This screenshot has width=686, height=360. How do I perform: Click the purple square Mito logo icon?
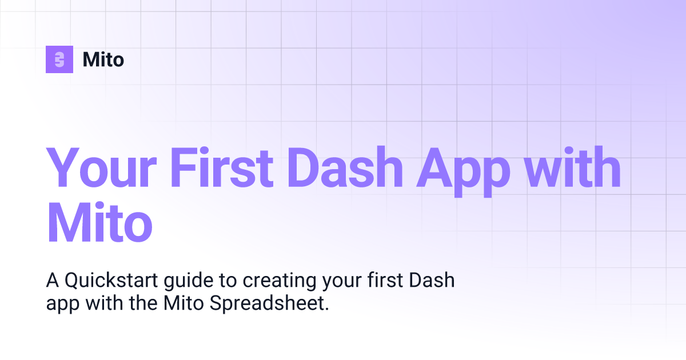[59, 59]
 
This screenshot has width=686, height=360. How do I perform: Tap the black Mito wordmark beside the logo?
[103, 59]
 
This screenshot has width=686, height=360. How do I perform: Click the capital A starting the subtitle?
[51, 281]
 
